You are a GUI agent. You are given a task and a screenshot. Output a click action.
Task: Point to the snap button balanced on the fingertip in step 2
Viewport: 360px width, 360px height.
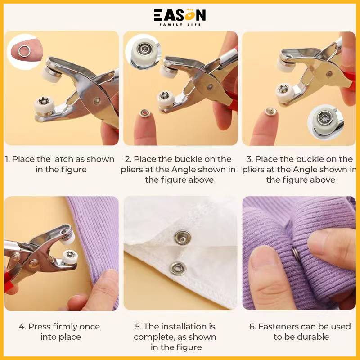point(144,112)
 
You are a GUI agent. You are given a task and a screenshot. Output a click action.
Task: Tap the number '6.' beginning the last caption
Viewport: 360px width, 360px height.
point(252,327)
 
